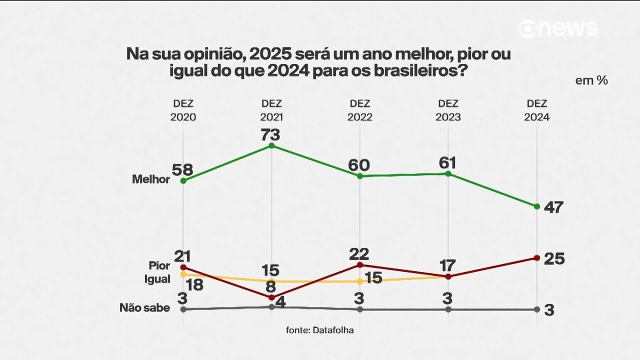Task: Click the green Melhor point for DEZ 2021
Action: (271, 145)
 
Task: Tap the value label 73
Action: (271, 134)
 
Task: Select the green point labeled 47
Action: (536, 206)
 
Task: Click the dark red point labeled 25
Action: (536, 258)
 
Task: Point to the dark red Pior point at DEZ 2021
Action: (271, 297)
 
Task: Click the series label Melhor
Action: (151, 179)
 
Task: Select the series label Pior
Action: (159, 265)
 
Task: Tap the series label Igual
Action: (157, 279)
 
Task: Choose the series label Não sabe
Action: (144, 308)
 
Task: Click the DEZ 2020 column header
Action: (183, 110)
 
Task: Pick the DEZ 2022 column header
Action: (359, 110)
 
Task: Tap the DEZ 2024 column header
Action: (536, 110)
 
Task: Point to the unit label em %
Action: (591, 80)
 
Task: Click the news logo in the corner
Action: (558, 29)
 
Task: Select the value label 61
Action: (448, 162)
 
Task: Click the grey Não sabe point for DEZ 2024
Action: (536, 309)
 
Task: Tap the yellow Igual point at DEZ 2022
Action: (359, 281)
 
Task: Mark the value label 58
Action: (182, 169)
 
